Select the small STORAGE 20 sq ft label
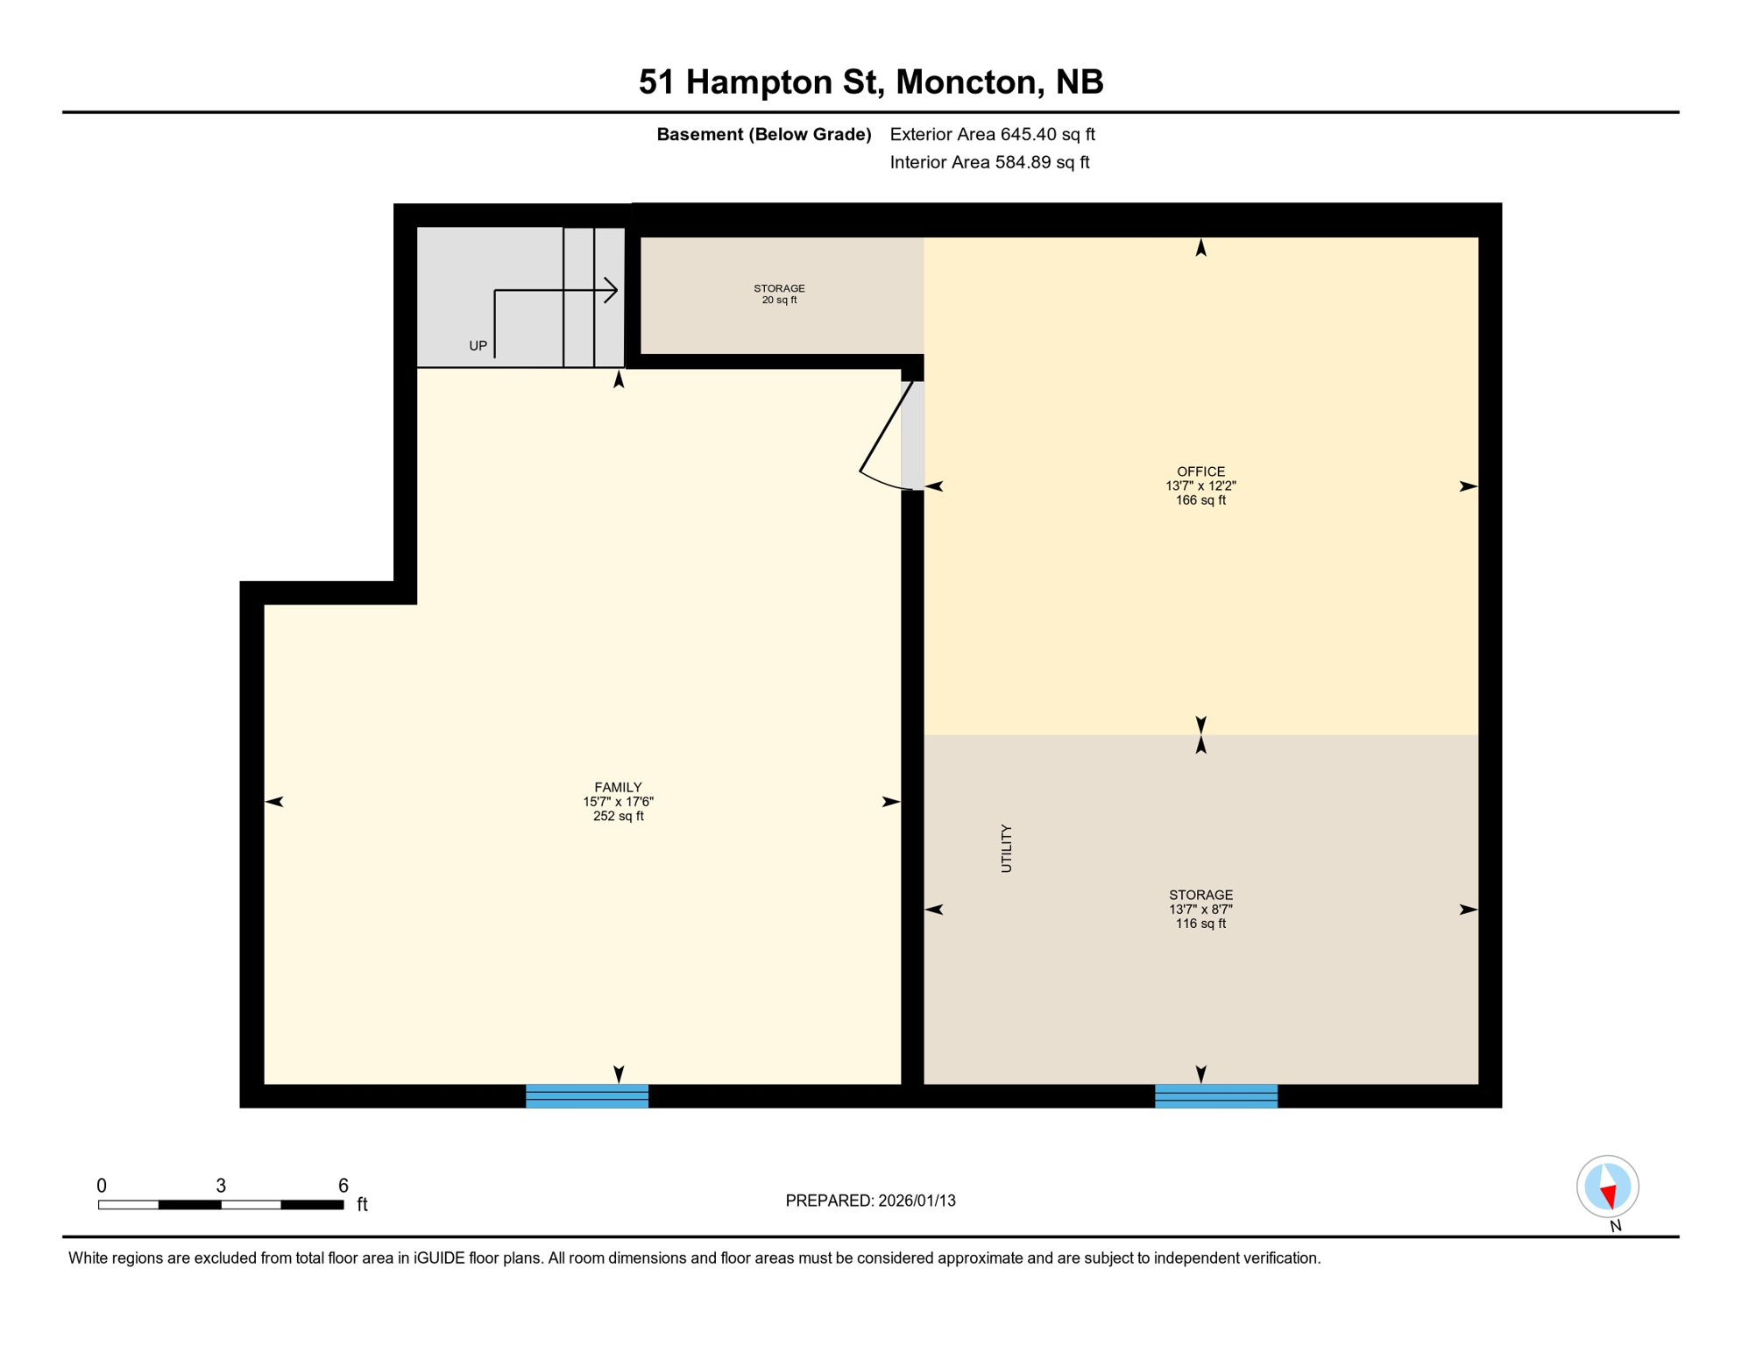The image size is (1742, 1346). (779, 294)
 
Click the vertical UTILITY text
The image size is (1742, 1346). (1006, 848)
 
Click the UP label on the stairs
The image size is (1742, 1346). (478, 346)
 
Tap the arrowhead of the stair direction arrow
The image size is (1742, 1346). (613, 290)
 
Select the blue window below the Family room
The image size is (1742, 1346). (586, 1096)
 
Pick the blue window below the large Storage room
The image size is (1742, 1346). (1215, 1096)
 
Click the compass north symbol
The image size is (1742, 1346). (1607, 1187)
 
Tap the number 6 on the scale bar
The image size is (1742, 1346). (343, 1186)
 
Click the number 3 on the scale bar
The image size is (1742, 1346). (221, 1186)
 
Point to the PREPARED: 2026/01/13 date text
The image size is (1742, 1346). (870, 1201)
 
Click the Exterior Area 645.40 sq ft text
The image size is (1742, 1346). (992, 134)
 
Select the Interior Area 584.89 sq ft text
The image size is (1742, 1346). (989, 162)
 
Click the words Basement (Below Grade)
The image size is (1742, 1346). (763, 134)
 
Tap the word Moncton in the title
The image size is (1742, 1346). (967, 81)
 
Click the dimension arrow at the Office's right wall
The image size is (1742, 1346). (1468, 486)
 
